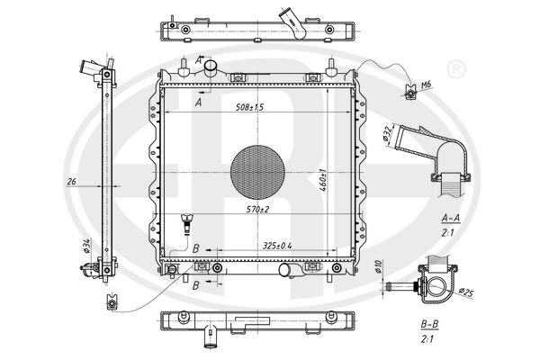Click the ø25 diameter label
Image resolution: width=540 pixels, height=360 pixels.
[466, 292]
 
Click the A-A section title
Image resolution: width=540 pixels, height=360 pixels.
[453, 217]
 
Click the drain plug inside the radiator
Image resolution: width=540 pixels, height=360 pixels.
[187, 221]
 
